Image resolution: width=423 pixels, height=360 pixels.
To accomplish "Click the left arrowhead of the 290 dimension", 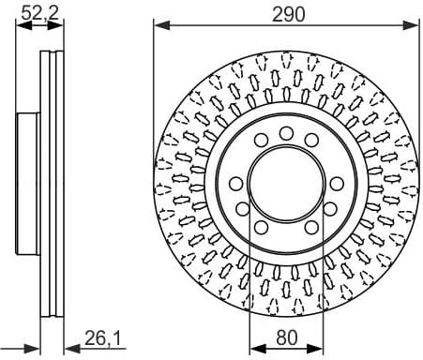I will pos(159,25).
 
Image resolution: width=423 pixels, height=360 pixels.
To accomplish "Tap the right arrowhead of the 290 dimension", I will pos(413,25).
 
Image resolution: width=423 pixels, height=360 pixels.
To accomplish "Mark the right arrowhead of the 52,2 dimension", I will pos(61,25).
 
